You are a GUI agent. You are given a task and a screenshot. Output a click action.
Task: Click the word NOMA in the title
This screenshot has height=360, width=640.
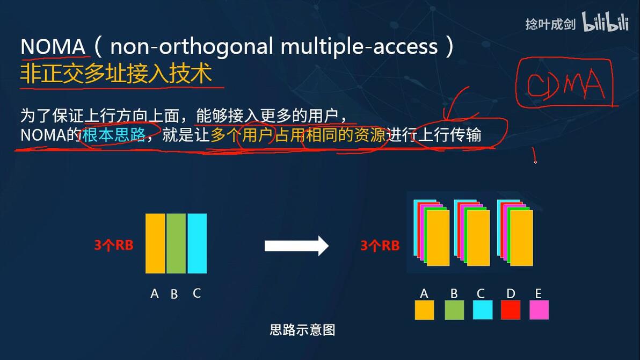pos(53,47)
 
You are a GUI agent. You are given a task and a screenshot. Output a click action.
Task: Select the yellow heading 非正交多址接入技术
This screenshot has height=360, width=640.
pos(116,74)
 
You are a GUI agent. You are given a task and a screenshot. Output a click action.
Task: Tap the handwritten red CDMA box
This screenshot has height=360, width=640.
pos(564,83)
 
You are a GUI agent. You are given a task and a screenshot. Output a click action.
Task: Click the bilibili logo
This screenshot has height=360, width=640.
pos(605,24)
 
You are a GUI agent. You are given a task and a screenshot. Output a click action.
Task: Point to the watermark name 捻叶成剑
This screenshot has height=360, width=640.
pos(550,24)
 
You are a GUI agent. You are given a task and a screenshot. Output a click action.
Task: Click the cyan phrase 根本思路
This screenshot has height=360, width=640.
pos(114,135)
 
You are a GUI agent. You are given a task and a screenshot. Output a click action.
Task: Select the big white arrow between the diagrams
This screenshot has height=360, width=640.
pos(296,246)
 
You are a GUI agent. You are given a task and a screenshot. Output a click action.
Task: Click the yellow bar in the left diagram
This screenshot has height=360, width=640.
pos(155,243)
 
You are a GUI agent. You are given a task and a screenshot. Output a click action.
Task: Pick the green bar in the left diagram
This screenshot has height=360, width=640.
pos(176,243)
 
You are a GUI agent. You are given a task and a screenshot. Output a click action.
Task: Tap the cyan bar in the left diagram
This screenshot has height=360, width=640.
pos(197,243)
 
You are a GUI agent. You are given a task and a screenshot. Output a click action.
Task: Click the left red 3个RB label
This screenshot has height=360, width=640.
pos(113,246)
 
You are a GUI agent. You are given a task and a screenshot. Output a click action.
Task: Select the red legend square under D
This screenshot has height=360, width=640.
pos(511,310)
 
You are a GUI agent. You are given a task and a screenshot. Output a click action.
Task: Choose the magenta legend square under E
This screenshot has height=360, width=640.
pos(539,310)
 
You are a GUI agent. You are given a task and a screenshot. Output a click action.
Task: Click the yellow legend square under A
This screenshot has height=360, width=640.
pos(424,310)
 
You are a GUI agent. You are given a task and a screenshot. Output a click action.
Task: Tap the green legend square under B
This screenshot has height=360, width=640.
pos(454,310)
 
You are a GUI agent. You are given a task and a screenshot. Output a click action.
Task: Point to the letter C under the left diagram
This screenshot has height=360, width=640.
pos(197,293)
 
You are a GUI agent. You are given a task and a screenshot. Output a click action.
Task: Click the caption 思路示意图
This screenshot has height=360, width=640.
pos(302,329)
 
